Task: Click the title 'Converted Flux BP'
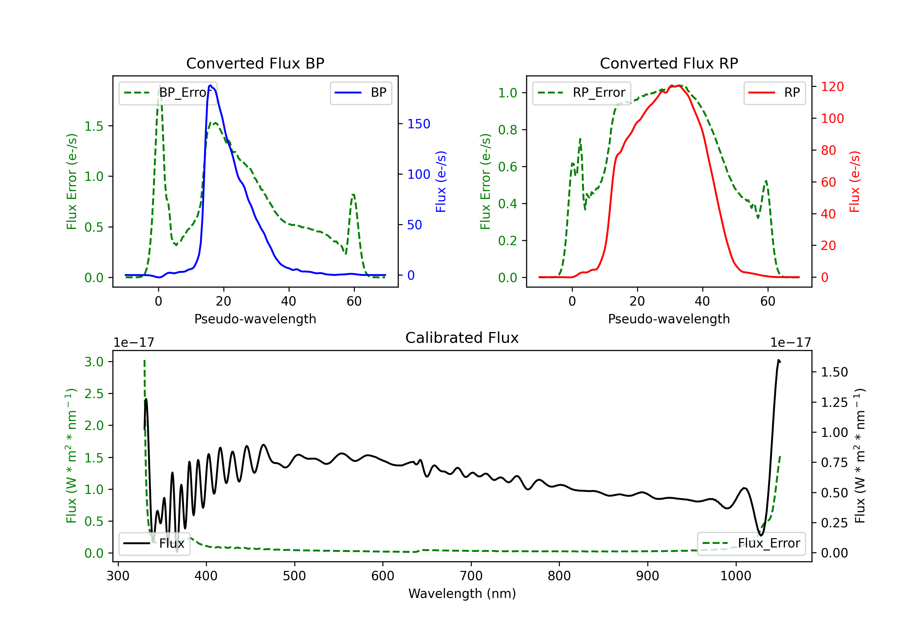(x=255, y=63)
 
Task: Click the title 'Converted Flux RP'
(x=669, y=63)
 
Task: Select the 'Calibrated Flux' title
(x=462, y=338)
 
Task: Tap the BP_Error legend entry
(x=168, y=93)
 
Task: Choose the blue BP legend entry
(x=360, y=93)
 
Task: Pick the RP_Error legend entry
(x=581, y=93)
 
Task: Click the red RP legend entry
(x=774, y=93)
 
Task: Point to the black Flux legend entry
(x=154, y=544)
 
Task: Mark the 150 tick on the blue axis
(x=419, y=124)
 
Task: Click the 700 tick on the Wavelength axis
(x=471, y=576)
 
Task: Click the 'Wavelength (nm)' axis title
(x=462, y=594)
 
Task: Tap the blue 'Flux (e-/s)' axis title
(x=441, y=182)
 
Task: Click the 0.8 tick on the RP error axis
(x=508, y=130)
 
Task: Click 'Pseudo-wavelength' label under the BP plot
(x=255, y=319)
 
